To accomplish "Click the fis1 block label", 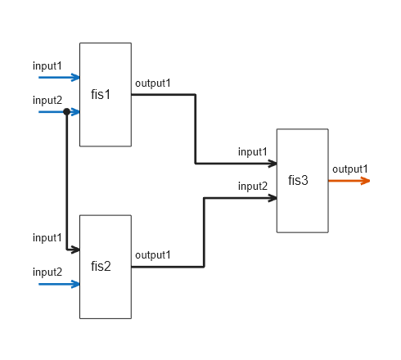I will click(101, 94).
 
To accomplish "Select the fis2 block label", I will click(101, 266).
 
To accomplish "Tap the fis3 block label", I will click(298, 180).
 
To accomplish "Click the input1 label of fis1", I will click(47, 65).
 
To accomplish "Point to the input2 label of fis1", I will click(47, 100).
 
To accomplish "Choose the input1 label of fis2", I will click(47, 237).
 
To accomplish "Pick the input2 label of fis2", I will click(47, 272).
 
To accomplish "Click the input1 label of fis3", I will click(253, 151).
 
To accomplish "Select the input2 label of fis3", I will click(253, 186).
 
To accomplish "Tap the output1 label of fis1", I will click(152, 83).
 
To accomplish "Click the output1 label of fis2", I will click(152, 254).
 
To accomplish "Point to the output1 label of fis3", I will click(350, 169).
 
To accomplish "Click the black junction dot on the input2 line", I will click(65, 111).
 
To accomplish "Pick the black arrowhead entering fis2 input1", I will click(74, 250).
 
